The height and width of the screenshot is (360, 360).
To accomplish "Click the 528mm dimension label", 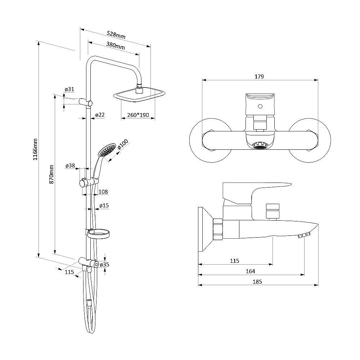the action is (116, 35).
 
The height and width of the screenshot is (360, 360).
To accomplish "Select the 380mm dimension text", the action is (116, 45).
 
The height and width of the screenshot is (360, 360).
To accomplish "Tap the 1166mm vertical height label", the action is (35, 149).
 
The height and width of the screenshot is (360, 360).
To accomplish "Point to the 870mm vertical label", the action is (51, 174).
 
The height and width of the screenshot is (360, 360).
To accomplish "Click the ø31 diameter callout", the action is (69, 89).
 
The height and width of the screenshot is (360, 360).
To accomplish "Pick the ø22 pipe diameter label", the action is (100, 114).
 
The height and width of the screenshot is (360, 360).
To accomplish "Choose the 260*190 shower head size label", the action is (138, 115).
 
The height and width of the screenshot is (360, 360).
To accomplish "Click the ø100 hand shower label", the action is (123, 144).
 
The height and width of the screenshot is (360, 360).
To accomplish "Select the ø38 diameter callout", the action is (70, 166).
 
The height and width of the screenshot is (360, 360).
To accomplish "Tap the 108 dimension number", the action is (103, 192).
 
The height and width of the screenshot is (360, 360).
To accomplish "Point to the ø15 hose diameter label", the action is (104, 206).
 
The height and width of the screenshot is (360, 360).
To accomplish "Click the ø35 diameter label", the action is (104, 265).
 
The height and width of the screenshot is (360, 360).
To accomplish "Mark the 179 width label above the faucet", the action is (259, 76).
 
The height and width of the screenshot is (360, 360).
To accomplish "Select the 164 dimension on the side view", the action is (250, 271).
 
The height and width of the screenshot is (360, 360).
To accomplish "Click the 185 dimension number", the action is (257, 282).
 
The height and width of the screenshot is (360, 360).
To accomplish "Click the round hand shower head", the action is (107, 150).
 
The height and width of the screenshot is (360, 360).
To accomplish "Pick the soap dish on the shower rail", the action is (98, 234).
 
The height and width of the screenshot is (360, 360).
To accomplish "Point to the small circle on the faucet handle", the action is (260, 106).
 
